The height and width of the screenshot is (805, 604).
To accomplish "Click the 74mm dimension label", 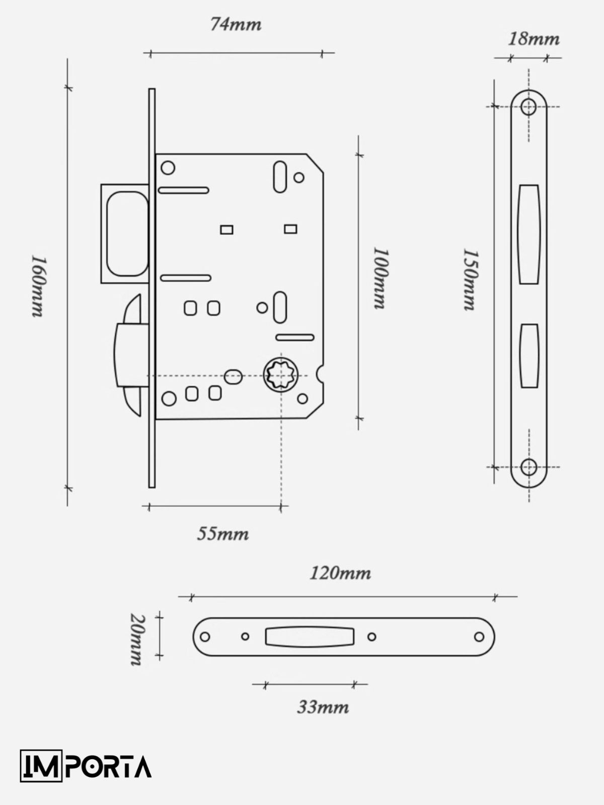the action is click(x=236, y=25).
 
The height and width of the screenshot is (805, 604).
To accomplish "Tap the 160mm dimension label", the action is click(x=38, y=286).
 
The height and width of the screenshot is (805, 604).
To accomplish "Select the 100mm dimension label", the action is click(x=381, y=278).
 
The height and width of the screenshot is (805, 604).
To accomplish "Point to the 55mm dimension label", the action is click(x=223, y=534).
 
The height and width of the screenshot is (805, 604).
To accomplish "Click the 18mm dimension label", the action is click(x=534, y=39).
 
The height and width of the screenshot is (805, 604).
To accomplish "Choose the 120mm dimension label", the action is click(x=340, y=573).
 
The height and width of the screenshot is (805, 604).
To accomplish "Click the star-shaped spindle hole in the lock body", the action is click(x=281, y=375).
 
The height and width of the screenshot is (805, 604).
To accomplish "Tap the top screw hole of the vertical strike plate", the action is click(x=528, y=107).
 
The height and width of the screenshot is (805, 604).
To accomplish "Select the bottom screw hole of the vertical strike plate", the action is click(x=529, y=467).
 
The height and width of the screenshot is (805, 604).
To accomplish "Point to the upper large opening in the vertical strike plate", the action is click(x=528, y=235).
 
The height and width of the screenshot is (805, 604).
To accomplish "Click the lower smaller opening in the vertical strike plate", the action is click(x=529, y=356).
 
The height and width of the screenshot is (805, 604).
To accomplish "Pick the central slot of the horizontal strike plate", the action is click(x=310, y=636).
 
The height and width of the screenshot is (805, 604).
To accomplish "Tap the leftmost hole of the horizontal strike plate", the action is click(x=205, y=636).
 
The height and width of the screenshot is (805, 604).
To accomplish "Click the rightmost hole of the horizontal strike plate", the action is click(x=479, y=636).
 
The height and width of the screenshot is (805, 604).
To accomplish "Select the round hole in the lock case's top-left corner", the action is click(x=168, y=168).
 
